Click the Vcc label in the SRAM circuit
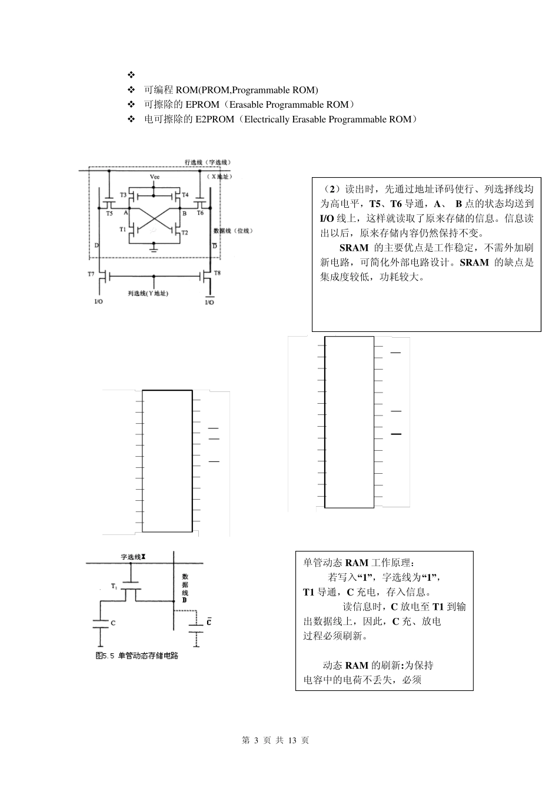click(154, 176)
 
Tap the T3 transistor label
click(123, 195)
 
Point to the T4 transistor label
click(185, 195)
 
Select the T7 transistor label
click(91, 275)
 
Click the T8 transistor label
click(217, 273)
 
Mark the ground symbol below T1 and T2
click(154, 248)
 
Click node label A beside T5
click(126, 214)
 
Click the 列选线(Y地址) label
click(148, 293)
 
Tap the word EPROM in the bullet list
click(202, 105)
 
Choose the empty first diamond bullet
click(131, 75)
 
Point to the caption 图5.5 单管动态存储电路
click(137, 655)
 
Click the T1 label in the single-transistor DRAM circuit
click(114, 587)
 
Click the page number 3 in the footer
click(257, 740)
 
